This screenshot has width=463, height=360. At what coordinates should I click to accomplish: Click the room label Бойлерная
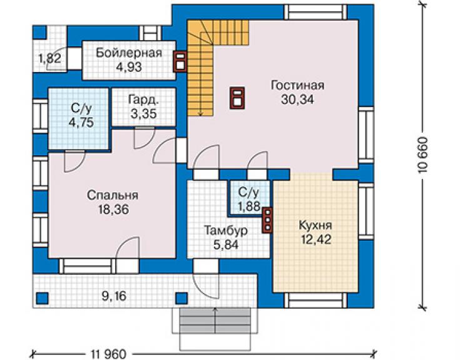(129, 53)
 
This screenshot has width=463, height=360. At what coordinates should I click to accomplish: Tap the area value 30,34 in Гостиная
(297, 100)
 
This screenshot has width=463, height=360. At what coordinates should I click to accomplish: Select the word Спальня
(113, 195)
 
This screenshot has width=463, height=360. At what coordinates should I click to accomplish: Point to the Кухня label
(315, 225)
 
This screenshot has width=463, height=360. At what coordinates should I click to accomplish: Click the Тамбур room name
(226, 231)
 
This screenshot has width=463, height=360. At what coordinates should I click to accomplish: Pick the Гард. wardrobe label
(143, 100)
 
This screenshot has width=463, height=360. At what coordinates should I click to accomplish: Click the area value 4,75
(81, 121)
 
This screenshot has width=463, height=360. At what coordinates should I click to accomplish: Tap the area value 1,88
(249, 207)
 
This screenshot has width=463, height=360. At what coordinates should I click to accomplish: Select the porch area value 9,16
(114, 296)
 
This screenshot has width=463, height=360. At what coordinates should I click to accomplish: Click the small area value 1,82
(50, 58)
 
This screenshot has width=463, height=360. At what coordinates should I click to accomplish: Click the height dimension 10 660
(424, 155)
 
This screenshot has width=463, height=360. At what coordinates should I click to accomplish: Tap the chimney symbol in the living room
(237, 98)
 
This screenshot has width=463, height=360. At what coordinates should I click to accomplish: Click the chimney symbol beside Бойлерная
(180, 61)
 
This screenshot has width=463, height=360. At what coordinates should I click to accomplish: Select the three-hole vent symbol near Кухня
(267, 220)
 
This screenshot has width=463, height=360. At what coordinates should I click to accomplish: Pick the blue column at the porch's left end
(42, 298)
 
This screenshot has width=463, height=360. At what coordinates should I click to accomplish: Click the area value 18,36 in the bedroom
(114, 210)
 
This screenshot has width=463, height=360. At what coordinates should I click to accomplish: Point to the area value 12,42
(316, 239)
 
